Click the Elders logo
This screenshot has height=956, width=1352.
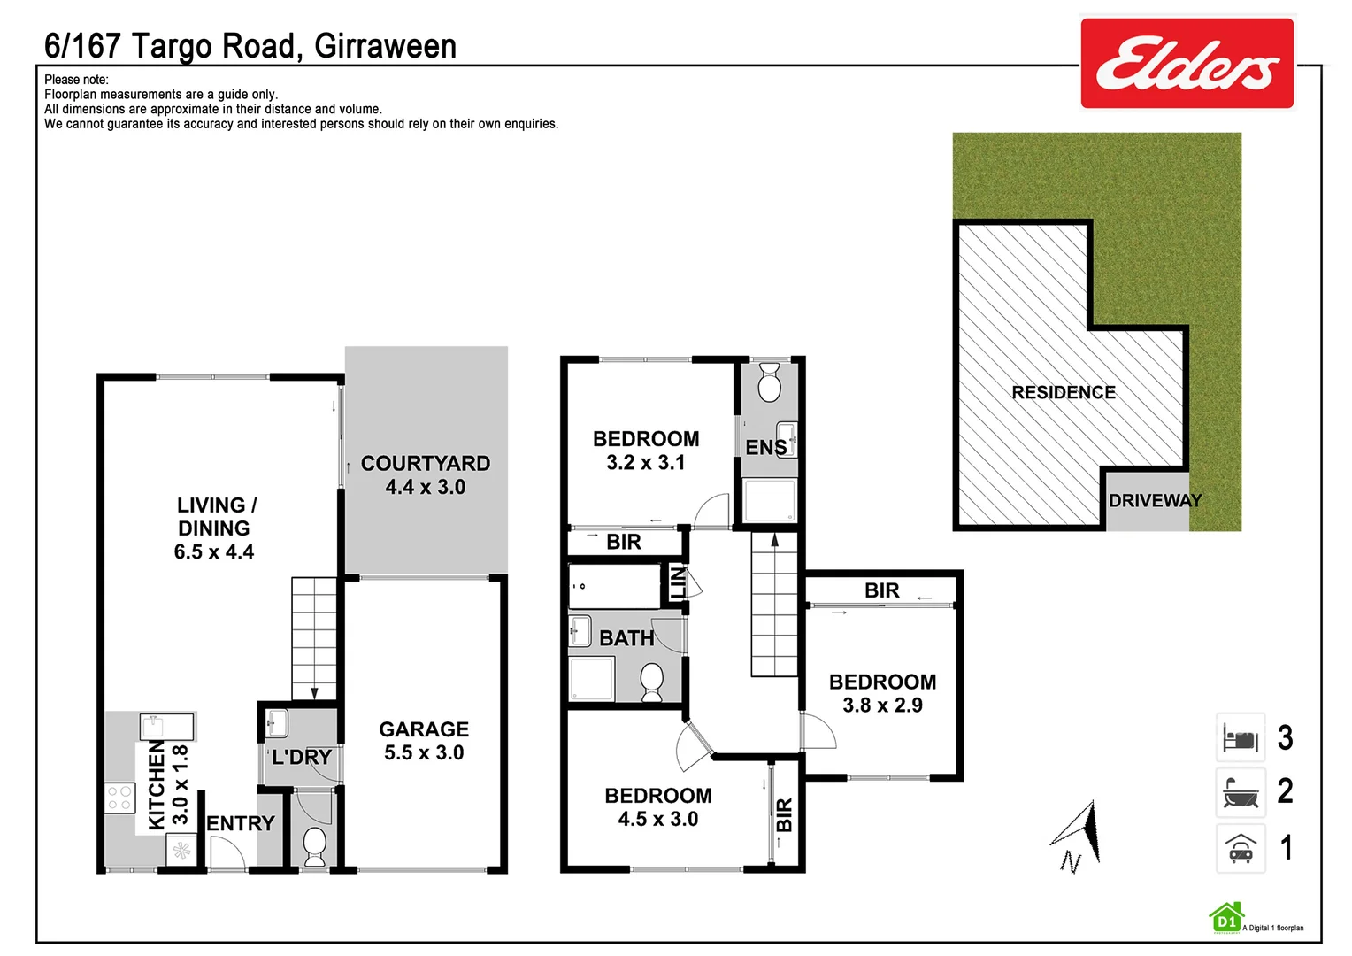(1187, 64)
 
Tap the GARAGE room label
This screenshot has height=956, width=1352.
(424, 729)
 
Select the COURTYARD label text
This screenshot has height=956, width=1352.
(425, 464)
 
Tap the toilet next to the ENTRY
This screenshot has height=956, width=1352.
(314, 846)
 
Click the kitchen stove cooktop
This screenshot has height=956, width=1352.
(120, 798)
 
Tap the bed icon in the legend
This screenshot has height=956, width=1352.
(1241, 737)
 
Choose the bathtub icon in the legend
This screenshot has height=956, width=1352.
(1241, 792)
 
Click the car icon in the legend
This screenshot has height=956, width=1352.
(1241, 849)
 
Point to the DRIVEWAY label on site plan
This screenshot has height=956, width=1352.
(1155, 501)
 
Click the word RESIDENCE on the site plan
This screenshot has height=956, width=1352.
(1064, 392)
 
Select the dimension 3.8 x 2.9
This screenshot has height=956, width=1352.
(882, 705)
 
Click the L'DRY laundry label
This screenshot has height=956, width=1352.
(302, 758)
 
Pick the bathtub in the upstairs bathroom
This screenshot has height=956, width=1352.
(614, 586)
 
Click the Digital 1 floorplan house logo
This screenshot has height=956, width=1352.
(1226, 919)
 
